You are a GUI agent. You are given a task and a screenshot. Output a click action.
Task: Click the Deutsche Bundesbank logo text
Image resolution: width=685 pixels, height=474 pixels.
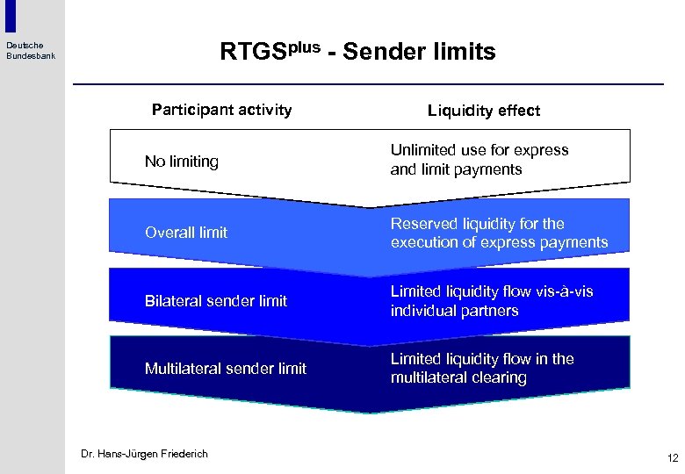pyautogui.click(x=31, y=51)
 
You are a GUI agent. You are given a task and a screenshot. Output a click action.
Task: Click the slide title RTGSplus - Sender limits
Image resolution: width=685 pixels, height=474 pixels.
pyautogui.click(x=357, y=52)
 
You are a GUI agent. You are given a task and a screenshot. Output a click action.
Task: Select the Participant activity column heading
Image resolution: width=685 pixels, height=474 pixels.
pyautogui.click(x=221, y=110)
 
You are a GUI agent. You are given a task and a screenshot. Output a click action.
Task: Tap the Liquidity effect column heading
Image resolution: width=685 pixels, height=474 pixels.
pyautogui.click(x=484, y=111)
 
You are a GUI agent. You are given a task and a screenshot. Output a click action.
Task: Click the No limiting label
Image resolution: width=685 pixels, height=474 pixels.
pyautogui.click(x=181, y=162)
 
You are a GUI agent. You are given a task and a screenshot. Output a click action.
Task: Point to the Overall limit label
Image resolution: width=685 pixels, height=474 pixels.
pyautogui.click(x=185, y=233)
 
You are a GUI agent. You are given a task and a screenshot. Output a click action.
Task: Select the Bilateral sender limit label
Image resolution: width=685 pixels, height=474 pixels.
pyautogui.click(x=215, y=301)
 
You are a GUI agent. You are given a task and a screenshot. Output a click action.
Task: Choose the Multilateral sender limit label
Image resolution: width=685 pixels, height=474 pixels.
pyautogui.click(x=225, y=369)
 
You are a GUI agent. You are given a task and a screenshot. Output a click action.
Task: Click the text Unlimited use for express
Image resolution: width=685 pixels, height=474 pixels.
pyautogui.click(x=479, y=150)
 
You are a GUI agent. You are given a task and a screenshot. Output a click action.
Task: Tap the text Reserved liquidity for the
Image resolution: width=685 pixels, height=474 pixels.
pyautogui.click(x=477, y=224)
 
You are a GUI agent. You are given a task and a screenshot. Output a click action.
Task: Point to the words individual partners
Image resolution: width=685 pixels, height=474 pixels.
pyautogui.click(x=454, y=311)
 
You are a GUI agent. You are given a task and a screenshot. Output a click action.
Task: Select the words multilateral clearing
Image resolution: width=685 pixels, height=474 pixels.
pyautogui.click(x=458, y=378)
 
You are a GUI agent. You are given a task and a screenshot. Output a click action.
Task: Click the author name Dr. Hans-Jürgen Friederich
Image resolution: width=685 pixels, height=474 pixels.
pyautogui.click(x=144, y=454)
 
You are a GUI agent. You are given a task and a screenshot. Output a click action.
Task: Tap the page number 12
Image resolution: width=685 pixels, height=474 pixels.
pyautogui.click(x=673, y=458)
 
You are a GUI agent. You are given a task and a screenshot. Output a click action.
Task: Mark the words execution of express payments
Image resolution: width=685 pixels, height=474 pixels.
pyautogui.click(x=499, y=242)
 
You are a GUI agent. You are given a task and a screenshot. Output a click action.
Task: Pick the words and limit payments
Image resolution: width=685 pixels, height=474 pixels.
pyautogui.click(x=456, y=169)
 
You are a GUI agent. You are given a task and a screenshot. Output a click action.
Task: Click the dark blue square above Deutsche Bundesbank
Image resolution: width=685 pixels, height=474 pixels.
pyautogui.click(x=11, y=16)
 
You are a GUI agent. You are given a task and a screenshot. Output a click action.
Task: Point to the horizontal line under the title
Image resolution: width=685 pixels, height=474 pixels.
pyautogui.click(x=368, y=84)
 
